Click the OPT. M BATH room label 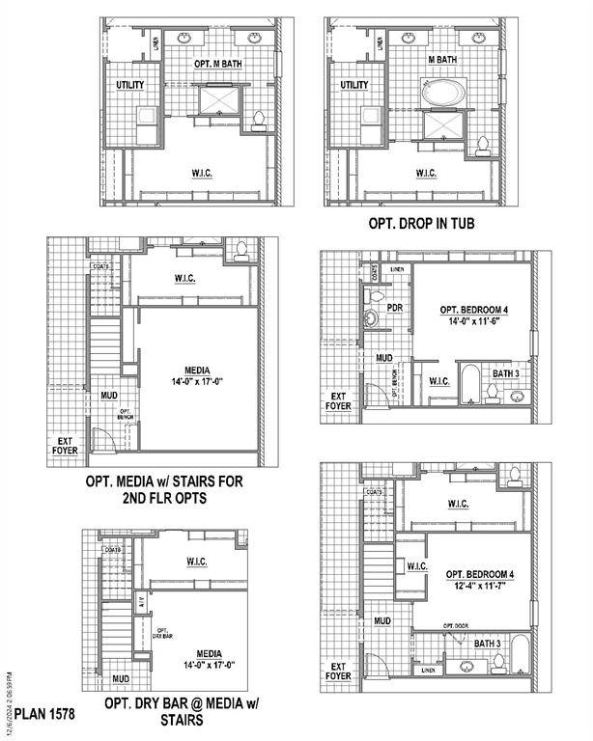pyautogui.click(x=216, y=64)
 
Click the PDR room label pyautogui.click(x=395, y=308)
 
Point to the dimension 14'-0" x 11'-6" pyautogui.click(x=473, y=323)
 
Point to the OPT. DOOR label pyautogui.click(x=455, y=626)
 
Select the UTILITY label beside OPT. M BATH pyautogui.click(x=129, y=85)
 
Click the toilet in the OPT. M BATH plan pyautogui.click(x=258, y=120)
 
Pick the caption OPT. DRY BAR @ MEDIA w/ pyautogui.click(x=180, y=704)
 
